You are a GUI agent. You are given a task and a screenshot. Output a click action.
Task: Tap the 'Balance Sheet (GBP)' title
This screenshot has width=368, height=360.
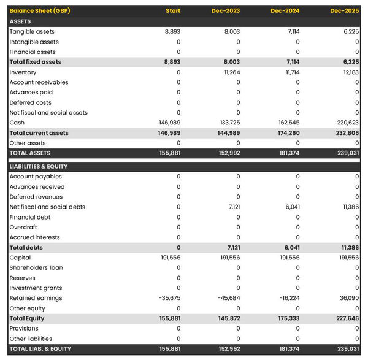pyautogui.click(x=40, y=11)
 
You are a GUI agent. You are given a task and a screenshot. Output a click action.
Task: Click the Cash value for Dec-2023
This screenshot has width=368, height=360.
pyautogui.click(x=230, y=123)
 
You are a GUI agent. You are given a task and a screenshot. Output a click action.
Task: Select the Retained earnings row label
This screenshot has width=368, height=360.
pyautogui.click(x=36, y=298)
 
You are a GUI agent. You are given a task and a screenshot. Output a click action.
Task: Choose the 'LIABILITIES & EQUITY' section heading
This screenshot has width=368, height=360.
pyautogui.click(x=39, y=166)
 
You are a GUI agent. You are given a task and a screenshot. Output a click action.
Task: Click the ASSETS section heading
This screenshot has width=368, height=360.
pyautogui.click(x=20, y=21)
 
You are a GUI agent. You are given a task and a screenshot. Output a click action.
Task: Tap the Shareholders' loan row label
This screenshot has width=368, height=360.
pyautogui.click(x=36, y=268)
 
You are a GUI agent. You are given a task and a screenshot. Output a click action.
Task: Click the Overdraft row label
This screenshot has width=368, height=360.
pyautogui.click(x=23, y=228)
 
